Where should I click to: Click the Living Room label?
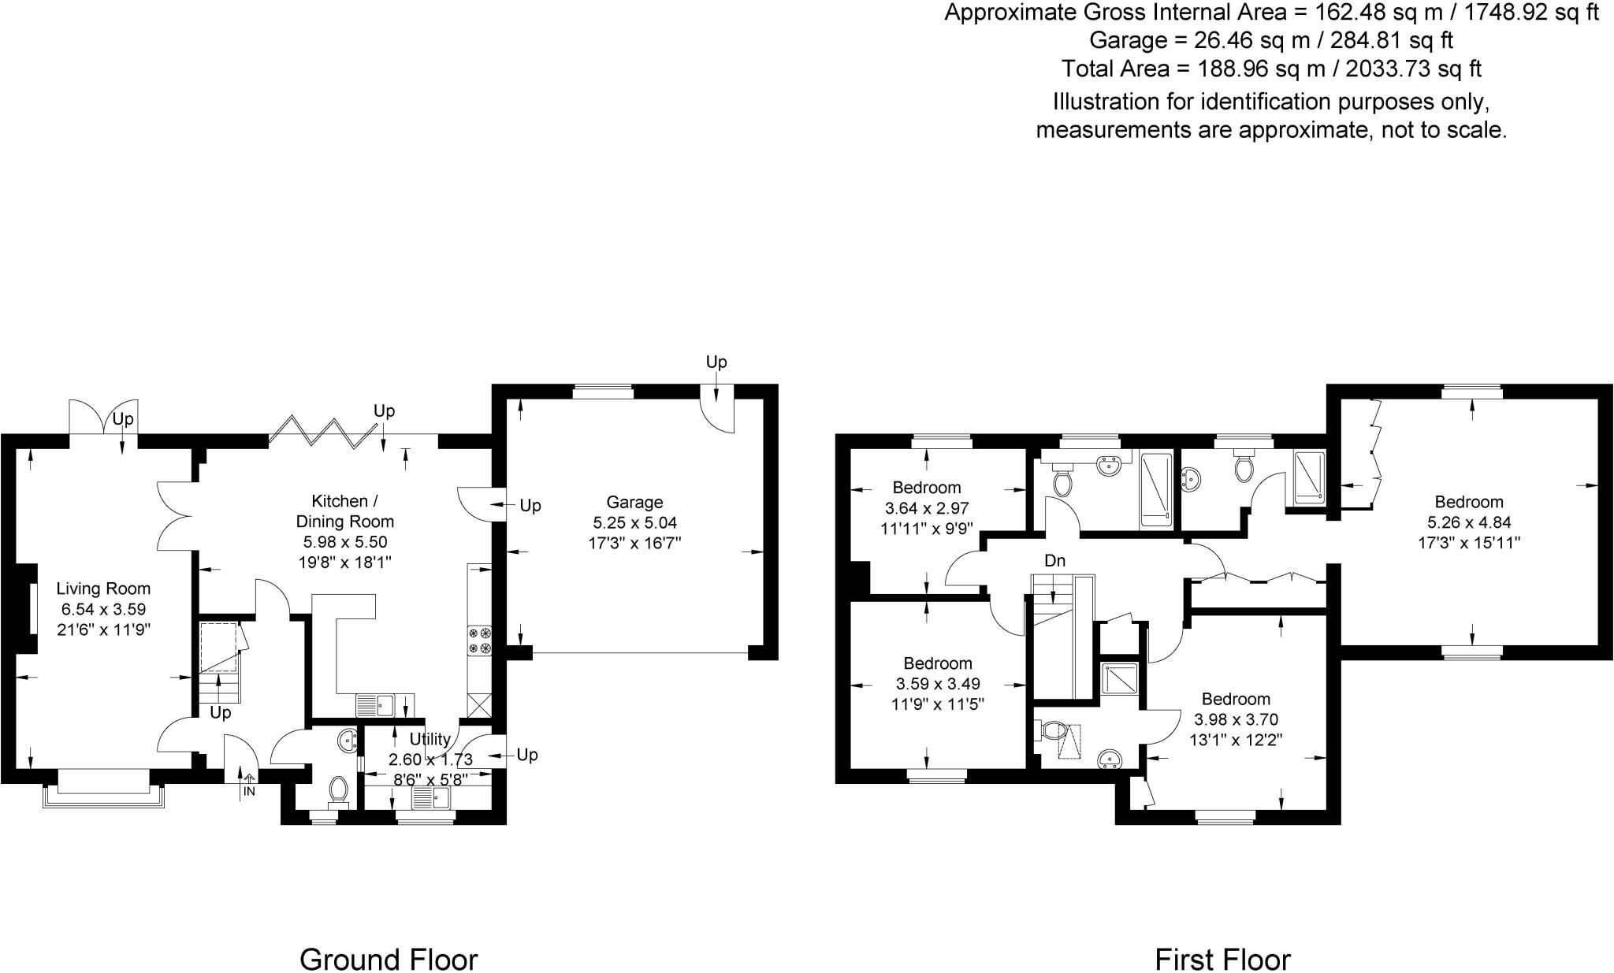pos(103,589)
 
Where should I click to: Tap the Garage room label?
pos(634,502)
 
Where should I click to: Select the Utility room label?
pos(430,739)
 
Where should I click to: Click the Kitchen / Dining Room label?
pos(344,511)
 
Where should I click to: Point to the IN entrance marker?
pos(249,791)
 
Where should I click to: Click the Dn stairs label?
pos(1055,561)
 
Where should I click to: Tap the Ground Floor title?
pos(389,960)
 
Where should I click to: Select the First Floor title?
pos(1222,960)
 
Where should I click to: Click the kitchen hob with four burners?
pos(480,640)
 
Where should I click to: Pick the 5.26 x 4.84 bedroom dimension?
pos(1469,522)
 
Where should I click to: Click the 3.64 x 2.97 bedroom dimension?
pos(927,508)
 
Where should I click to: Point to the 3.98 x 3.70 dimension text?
pos(1236,719)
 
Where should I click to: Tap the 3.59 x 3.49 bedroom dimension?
pos(938,684)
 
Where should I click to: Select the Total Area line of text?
pos(1271,69)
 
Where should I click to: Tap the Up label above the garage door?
pos(716,362)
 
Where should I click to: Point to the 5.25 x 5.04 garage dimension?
pos(634,522)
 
